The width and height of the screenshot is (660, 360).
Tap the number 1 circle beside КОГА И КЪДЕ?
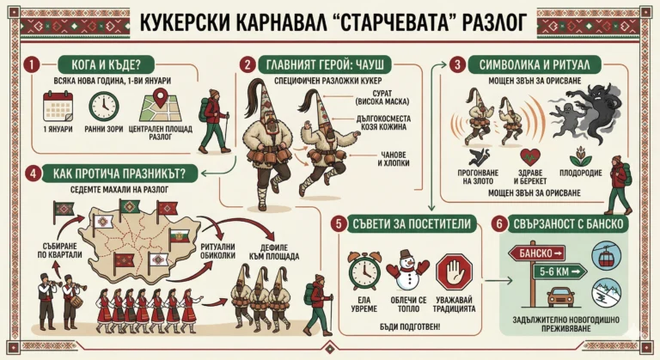[32, 64]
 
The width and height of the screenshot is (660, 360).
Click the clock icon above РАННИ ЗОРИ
[104, 105]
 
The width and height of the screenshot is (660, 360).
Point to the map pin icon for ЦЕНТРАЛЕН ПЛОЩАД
[156, 105]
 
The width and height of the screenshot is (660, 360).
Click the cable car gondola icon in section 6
[608, 253]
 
